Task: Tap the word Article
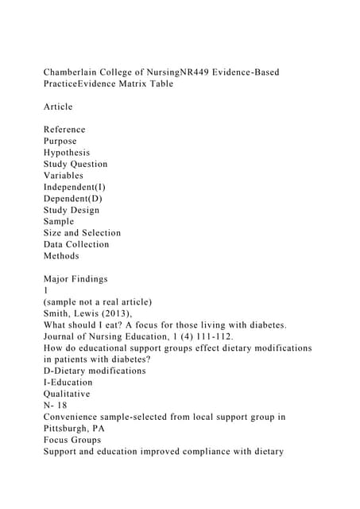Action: (58, 107)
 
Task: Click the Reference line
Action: (64, 130)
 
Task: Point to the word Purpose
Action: (60, 141)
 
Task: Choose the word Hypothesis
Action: (67, 153)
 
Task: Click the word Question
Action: (87, 164)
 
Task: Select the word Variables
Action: (64, 176)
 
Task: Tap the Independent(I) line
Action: (75, 187)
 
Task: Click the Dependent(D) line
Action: (72, 198)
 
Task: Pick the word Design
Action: (84, 210)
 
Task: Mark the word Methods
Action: (61, 256)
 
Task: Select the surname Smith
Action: (57, 313)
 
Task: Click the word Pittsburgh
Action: (69, 428)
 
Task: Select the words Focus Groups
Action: (73, 440)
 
